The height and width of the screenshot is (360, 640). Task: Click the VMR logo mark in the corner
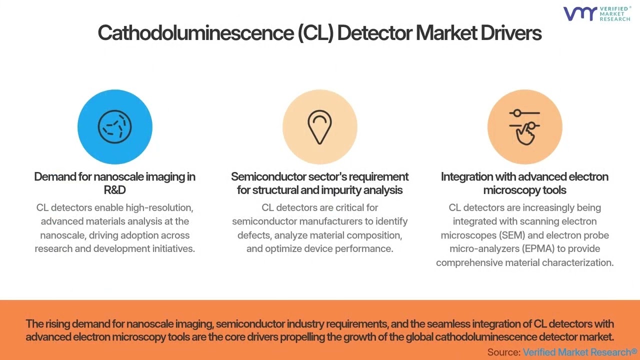click(x=580, y=13)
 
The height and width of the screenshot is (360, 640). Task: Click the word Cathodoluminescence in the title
click(x=195, y=33)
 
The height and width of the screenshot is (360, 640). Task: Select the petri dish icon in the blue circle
click(x=114, y=126)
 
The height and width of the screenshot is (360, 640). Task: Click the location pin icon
click(x=319, y=127)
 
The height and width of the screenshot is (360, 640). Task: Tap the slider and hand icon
click(x=524, y=127)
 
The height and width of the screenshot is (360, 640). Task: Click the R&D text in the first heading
click(x=114, y=190)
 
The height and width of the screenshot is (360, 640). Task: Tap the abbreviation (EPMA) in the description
click(x=538, y=248)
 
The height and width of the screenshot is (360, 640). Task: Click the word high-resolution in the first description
click(x=159, y=207)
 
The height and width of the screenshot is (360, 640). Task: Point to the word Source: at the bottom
click(x=503, y=351)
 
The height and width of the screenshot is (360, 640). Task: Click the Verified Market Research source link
click(x=579, y=351)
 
